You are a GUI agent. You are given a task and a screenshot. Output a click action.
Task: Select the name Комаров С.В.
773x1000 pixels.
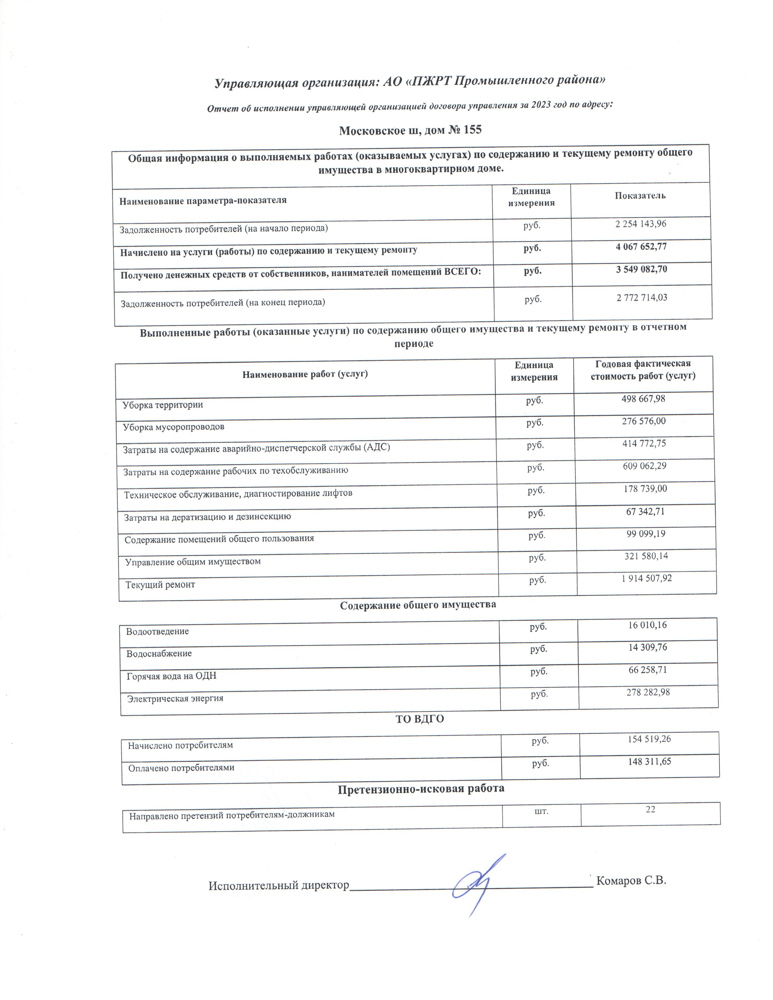tap(631, 881)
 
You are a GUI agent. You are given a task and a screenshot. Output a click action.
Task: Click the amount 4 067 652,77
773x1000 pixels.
tap(641, 247)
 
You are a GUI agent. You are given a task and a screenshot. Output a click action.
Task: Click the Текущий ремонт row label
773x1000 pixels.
tap(160, 585)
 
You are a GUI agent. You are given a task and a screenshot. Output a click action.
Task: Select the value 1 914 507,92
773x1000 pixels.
tap(647, 578)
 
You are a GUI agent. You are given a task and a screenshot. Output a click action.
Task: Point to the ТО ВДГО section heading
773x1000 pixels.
tap(420, 719)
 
